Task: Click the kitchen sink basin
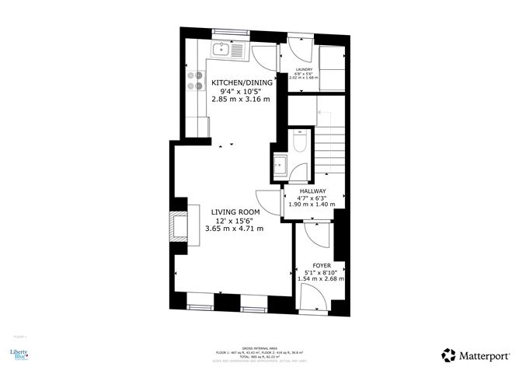(x=220, y=51)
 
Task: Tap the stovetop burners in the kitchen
(x=195, y=81)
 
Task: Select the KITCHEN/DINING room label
(x=243, y=82)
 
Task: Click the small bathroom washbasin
(x=281, y=164)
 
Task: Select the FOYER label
(x=322, y=265)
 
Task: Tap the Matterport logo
(x=475, y=354)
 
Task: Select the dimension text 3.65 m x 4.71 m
(x=234, y=229)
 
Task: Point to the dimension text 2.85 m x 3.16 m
(x=243, y=100)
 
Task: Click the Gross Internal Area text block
(x=260, y=354)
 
